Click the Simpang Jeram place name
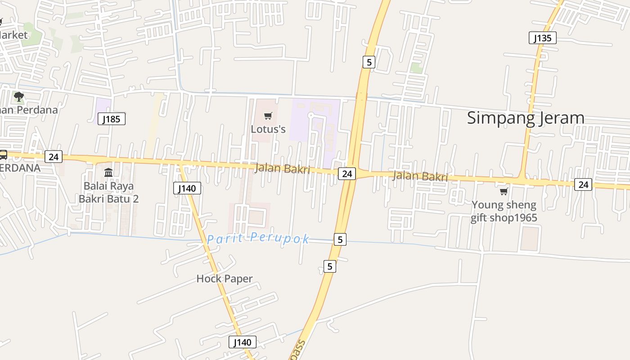525,118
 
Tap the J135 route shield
542,38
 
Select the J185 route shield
111,119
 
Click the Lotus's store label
268,129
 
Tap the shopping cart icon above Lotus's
268,116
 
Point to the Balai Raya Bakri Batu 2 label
108,192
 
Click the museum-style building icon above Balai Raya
108,173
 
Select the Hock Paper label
225,279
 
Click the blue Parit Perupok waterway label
258,238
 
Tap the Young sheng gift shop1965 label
504,211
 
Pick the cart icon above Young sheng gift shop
504,192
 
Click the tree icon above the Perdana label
19,96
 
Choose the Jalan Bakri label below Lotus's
282,169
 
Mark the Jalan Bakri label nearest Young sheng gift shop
420,176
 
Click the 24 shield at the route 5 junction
347,173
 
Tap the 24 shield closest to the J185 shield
54,157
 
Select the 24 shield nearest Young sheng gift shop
583,184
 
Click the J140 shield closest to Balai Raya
187,188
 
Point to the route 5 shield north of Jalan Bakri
369,62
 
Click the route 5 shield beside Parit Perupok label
340,239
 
